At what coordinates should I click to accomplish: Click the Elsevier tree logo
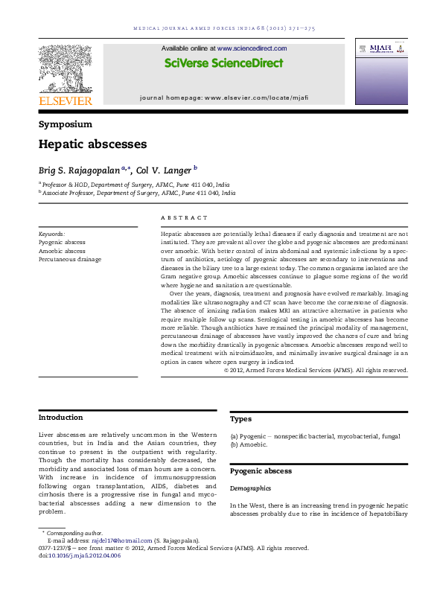click(x=66, y=68)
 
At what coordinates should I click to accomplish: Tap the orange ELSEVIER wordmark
click(x=66, y=100)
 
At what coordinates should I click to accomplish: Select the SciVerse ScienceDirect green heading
click(x=223, y=63)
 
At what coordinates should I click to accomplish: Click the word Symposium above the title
click(x=66, y=124)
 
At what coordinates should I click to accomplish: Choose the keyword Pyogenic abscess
click(x=62, y=243)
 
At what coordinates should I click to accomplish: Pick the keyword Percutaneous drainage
click(x=70, y=259)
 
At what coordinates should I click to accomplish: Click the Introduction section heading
click(x=61, y=418)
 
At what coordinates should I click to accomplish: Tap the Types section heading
click(x=242, y=420)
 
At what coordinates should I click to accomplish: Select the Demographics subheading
click(x=250, y=489)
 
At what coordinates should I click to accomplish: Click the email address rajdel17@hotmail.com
click(x=121, y=540)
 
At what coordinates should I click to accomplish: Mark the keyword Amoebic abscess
click(x=62, y=251)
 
